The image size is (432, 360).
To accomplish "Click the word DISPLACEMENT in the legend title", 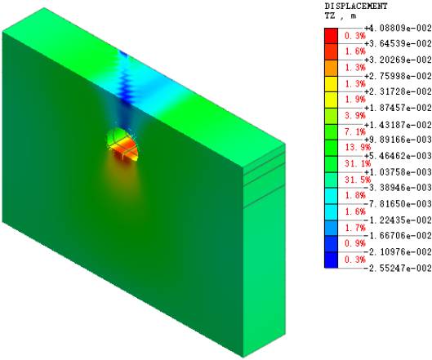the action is point(356,6).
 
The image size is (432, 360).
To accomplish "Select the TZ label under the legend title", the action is point(330,16).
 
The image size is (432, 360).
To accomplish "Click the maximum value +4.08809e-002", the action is point(398,28).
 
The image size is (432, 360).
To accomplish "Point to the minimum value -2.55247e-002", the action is point(398,268).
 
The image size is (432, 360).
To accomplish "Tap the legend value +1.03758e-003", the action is point(398,172).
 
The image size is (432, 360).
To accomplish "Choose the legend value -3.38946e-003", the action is point(398,188).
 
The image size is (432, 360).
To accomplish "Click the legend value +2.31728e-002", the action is point(398,91).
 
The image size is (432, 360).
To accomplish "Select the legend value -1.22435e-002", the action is point(398,220).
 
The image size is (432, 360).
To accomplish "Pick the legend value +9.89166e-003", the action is point(398,140).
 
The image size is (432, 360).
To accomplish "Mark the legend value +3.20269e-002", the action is point(398,60).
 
